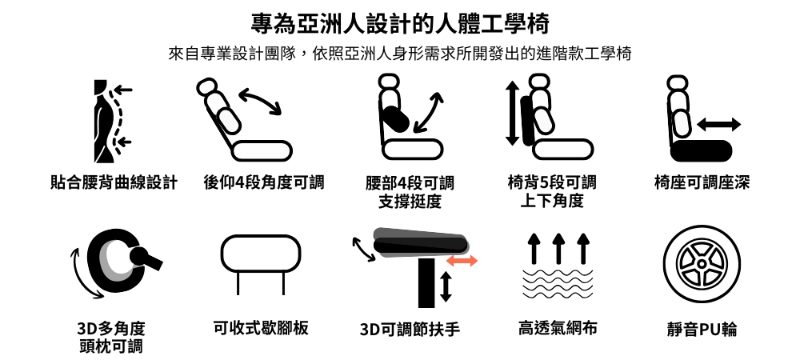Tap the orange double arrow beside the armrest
coord(462,261)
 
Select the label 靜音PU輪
coord(702,330)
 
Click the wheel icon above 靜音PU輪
coord(702,264)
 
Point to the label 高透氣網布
coord(558,328)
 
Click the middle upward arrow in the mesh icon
coord(558,248)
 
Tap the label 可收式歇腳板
coord(261,328)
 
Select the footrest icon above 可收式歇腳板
coord(261,265)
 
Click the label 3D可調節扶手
coord(410,330)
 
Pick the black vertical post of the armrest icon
coord(426,283)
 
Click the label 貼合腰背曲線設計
coord(114,182)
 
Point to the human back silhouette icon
coord(104,122)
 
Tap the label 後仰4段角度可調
coord(264,182)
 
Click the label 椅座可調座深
coord(702,182)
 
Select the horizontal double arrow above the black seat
coord(719,125)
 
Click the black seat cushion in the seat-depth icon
coord(702,151)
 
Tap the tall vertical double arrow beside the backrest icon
coord(512,114)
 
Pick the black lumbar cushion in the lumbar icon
coord(395,119)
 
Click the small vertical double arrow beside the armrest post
coord(446,286)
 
